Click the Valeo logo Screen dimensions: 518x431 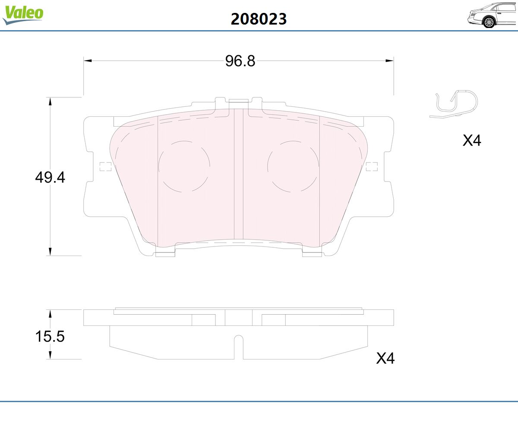click(23, 15)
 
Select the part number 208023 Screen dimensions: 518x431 click(259, 19)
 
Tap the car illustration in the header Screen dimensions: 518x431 click(493, 16)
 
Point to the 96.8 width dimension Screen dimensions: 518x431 click(240, 61)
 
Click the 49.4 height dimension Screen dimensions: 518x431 click(50, 178)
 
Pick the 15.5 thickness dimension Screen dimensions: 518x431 click(50, 336)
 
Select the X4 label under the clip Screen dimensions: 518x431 click(472, 141)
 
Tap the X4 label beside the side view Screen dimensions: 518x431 click(385, 358)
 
